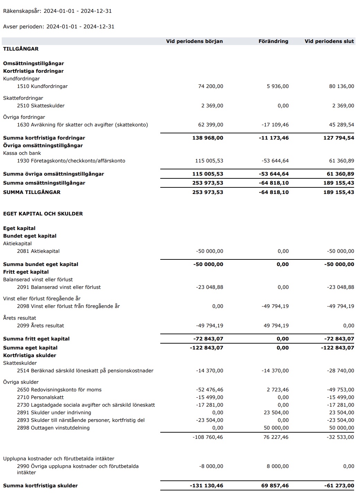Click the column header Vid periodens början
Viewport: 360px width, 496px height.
194,41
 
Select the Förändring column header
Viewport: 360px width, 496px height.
273,41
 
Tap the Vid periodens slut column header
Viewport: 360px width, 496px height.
329,41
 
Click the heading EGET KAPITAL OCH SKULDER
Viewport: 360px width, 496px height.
43,214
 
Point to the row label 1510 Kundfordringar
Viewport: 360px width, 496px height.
42,86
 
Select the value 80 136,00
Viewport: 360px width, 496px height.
341,86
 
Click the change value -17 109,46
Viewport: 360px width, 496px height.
275,125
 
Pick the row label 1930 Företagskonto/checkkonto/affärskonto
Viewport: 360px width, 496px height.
71,161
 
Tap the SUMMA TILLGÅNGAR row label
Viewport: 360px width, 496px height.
32,192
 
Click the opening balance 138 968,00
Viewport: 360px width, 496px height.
208,138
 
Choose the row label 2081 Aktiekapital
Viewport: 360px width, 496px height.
38,251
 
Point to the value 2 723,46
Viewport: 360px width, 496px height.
278,390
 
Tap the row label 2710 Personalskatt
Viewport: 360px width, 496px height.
40,397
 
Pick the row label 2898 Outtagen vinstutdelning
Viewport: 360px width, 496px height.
53,428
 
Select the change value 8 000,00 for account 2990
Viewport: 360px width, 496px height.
278,466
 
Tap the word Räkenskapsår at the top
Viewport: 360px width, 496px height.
22,11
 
